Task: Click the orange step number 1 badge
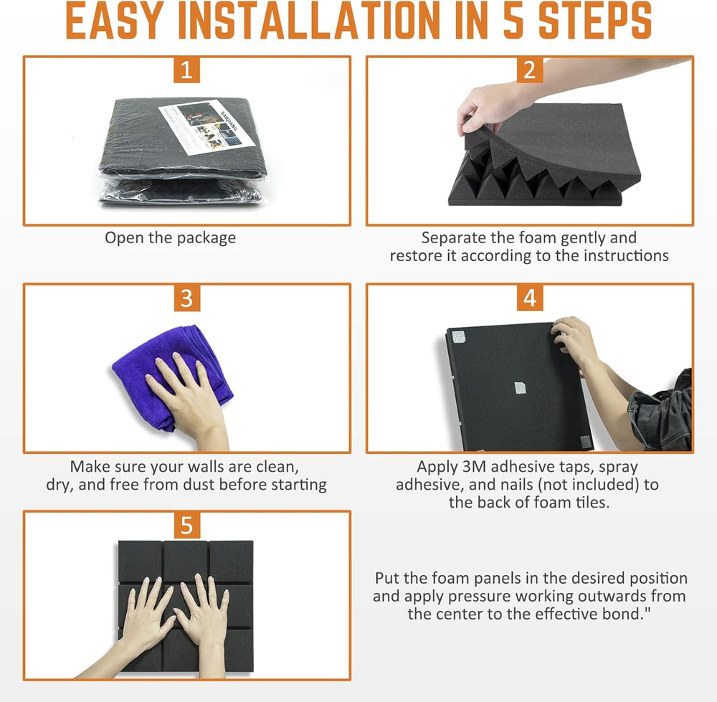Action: pyautogui.click(x=186, y=70)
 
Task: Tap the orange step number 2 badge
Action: pyautogui.click(x=530, y=70)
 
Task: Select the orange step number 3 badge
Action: pyautogui.click(x=187, y=298)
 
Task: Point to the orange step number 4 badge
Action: pyautogui.click(x=530, y=298)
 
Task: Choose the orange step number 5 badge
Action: pyautogui.click(x=187, y=525)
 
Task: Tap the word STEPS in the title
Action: pyautogui.click(x=595, y=21)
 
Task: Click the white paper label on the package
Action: pyautogui.click(x=206, y=127)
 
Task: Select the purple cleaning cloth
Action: pyautogui.click(x=172, y=376)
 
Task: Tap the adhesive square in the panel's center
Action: pyautogui.click(x=520, y=388)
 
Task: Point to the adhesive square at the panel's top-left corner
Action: pyautogui.click(x=459, y=337)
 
